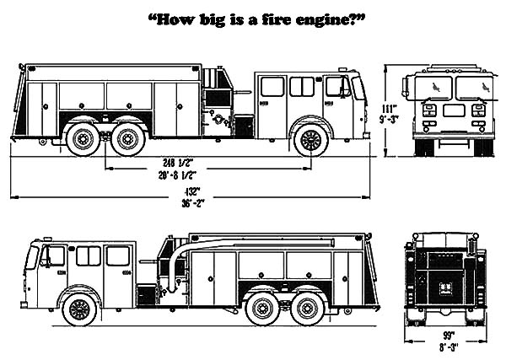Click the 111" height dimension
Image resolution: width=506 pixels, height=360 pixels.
pyautogui.click(x=389, y=108)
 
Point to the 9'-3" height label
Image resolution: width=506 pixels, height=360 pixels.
pyautogui.click(x=389, y=120)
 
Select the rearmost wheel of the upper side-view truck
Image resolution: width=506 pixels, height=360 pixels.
pyautogui.click(x=83, y=139)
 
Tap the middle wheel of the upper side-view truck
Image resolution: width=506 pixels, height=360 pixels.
pyautogui.click(x=129, y=139)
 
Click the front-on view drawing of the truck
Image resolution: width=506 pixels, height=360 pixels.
pyautogui.click(x=448, y=110)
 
